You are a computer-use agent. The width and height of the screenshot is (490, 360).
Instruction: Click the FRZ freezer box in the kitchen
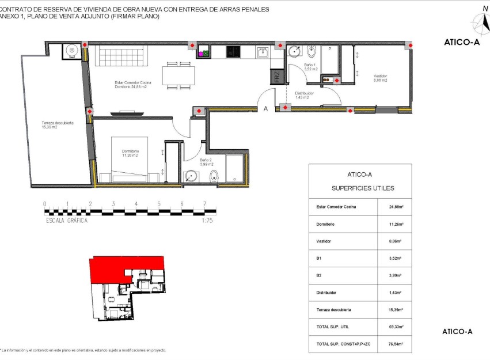[x=277, y=77]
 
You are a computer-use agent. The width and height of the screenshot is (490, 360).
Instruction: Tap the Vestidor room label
[x=380, y=78]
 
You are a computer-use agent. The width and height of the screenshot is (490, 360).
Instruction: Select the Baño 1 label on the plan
[x=311, y=67]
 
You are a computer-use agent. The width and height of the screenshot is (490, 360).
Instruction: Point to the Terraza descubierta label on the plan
[x=57, y=125]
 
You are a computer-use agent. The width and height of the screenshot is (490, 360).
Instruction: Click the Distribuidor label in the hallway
[x=304, y=95]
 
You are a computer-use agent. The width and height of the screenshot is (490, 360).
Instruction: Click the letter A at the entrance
[x=265, y=108]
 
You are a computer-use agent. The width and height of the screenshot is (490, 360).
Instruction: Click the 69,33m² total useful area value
[x=394, y=327]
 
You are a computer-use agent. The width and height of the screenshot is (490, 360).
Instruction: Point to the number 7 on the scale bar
[x=204, y=204]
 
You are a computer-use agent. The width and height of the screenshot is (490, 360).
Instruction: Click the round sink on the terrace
[x=72, y=51]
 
